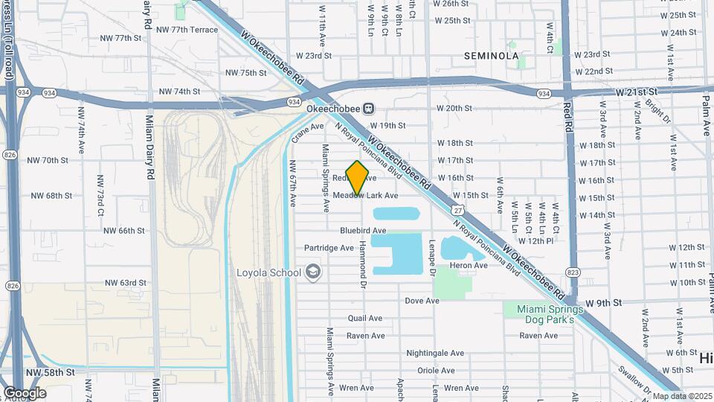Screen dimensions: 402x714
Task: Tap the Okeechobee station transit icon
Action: click(x=367, y=109)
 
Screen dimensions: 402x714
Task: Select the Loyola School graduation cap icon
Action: click(x=312, y=272)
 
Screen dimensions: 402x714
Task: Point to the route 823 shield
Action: click(x=573, y=272)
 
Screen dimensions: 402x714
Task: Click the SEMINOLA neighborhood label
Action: click(x=491, y=56)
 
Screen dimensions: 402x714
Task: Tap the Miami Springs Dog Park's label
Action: click(x=540, y=313)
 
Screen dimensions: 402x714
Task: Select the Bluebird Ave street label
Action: click(x=363, y=231)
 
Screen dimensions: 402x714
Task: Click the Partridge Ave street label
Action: click(x=328, y=248)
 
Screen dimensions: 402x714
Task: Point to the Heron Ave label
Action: click(x=469, y=265)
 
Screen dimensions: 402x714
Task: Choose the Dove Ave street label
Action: click(x=422, y=301)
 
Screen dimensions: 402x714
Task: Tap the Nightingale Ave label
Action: click(x=435, y=353)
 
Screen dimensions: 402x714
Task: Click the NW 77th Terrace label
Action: click(x=188, y=30)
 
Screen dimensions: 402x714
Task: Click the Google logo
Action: click(x=25, y=392)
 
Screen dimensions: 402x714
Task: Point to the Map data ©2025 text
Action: click(x=682, y=396)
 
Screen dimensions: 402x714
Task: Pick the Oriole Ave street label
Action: click(x=436, y=370)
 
